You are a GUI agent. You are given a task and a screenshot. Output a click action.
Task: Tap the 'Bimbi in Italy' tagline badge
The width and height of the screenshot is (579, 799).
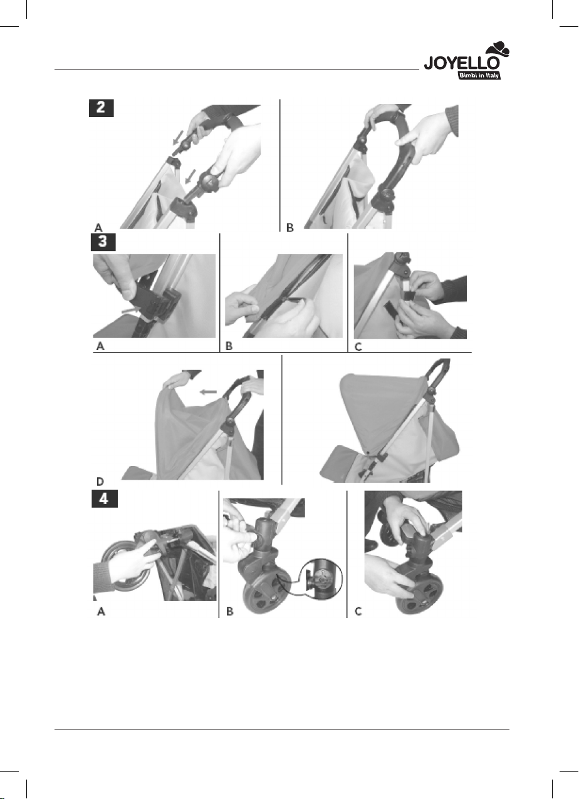click(x=479, y=76)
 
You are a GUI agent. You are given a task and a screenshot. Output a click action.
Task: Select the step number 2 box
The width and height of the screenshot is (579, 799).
click(x=102, y=108)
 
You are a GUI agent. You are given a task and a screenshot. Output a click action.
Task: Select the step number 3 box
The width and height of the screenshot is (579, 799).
click(x=103, y=242)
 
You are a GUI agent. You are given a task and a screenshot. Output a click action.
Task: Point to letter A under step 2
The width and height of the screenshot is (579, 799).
click(x=98, y=227)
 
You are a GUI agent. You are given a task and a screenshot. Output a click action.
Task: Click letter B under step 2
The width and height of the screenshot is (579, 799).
click(x=290, y=227)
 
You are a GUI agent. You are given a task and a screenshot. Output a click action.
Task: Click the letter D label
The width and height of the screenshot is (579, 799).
click(x=100, y=482)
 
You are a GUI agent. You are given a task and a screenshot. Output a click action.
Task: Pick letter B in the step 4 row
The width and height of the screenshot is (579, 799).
click(x=229, y=612)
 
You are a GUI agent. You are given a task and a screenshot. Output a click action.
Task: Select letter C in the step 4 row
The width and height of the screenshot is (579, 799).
click(x=358, y=612)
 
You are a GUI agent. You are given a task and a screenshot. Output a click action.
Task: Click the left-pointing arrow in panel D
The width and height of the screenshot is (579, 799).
click(x=208, y=391)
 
